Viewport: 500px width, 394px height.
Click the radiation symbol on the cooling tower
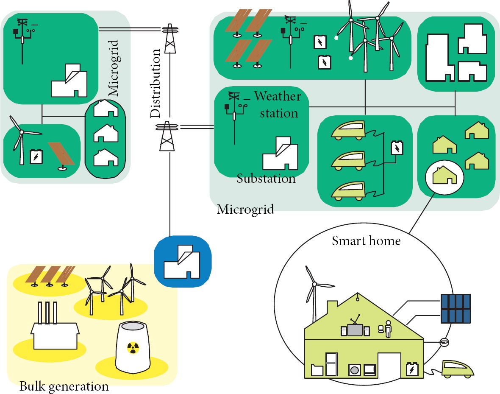point(133,348)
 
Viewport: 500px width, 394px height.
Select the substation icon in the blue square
point(182,261)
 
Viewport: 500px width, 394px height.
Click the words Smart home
point(366,241)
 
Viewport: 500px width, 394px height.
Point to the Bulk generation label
point(64,386)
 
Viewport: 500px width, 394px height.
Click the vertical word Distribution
point(156,84)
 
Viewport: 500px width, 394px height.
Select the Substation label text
point(266,178)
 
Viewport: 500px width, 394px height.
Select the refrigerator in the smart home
point(331,364)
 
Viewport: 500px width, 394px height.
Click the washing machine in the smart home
point(354,370)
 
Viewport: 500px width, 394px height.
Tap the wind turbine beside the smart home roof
point(314,293)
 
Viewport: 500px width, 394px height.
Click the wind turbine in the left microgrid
point(20,140)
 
